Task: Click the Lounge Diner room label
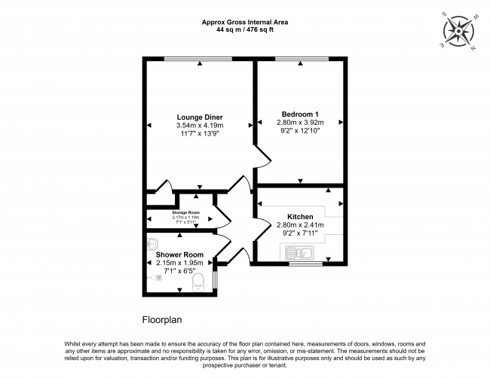coord(199,117)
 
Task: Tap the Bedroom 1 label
coord(299,113)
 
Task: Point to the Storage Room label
coord(185,212)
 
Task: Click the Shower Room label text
coord(179,255)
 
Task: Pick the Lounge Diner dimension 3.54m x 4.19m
coord(199,126)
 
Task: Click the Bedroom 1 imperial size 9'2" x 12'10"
coord(299,131)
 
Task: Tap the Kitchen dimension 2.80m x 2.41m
coord(299,224)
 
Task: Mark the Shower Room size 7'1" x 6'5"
coord(179,271)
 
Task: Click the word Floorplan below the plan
coord(164,319)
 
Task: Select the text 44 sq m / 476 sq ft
coord(245,31)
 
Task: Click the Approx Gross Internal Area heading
coord(245,23)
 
